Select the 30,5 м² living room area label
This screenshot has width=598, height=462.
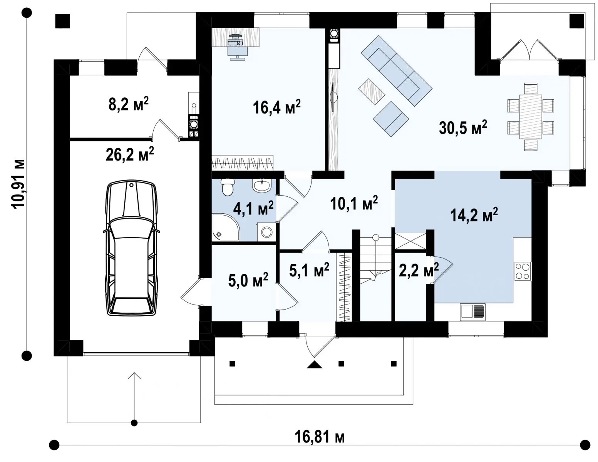pyautogui.click(x=463, y=127)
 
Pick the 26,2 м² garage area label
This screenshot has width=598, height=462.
pyautogui.click(x=130, y=154)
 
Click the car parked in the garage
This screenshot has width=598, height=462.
pyautogui.click(x=132, y=248)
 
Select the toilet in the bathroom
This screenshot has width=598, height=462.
pyautogui.click(x=227, y=187)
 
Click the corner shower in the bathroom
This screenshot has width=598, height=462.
pyautogui.click(x=226, y=228)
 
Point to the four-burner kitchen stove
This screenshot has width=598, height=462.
pyautogui.click(x=523, y=271)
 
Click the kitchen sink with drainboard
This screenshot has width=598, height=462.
pyautogui.click(x=472, y=312)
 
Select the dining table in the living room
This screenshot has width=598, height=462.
pyautogui.click(x=531, y=117)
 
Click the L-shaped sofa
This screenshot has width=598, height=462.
pyautogui.click(x=397, y=70)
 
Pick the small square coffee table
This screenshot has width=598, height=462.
pyautogui.click(x=372, y=91)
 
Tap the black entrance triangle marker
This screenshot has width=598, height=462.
pyautogui.click(x=315, y=365)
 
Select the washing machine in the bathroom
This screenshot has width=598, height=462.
pyautogui.click(x=266, y=232)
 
